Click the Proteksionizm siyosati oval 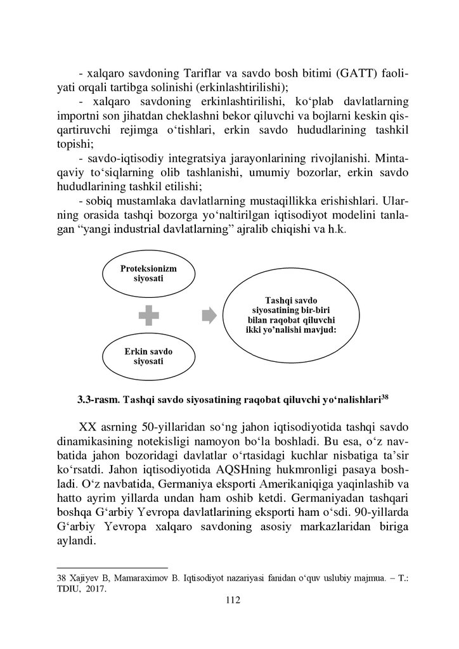click(x=148, y=274)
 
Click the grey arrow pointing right click(x=209, y=315)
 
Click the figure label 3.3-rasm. click(x=99, y=401)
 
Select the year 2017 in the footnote click(x=96, y=588)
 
